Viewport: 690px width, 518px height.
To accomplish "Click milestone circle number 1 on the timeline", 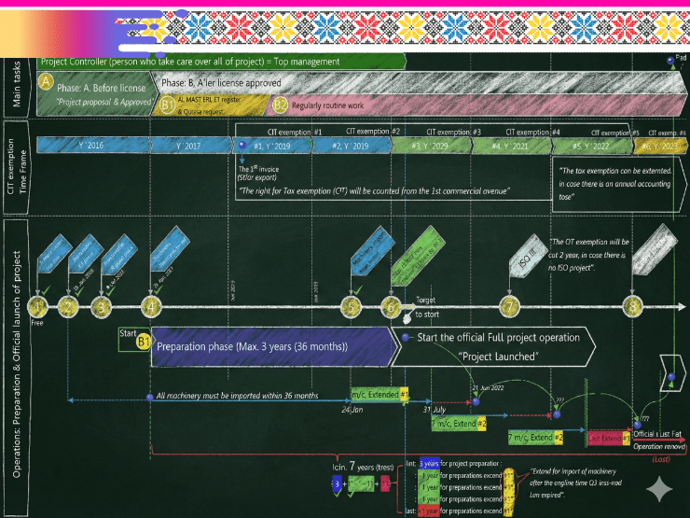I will [x=36, y=306].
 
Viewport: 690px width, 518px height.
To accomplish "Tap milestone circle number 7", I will [x=508, y=306].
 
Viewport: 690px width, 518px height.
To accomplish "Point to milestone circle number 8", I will [x=634, y=306].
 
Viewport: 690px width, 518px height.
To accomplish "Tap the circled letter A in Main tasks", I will [x=44, y=82].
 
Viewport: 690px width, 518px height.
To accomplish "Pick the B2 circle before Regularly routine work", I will [x=280, y=105].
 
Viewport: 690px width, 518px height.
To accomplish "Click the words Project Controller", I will [x=76, y=62].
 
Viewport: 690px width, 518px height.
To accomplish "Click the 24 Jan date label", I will [x=352, y=409].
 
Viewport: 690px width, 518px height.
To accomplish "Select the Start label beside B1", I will [x=129, y=332].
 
